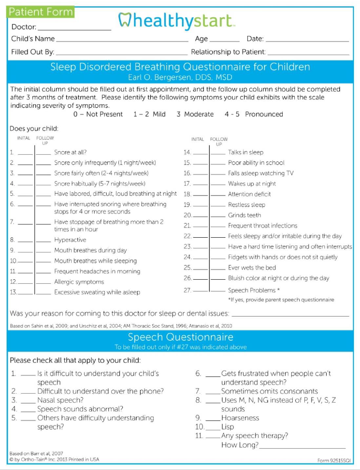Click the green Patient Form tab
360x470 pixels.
pos(41,11)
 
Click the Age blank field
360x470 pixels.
pos(224,40)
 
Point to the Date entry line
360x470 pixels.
pos(307,40)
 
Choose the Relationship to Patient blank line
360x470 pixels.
pos(308,53)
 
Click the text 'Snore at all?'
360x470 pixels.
pos(70,152)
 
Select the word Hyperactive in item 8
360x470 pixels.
pos(70,240)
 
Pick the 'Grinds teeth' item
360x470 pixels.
pos(244,215)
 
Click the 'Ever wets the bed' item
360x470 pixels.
pos(252,268)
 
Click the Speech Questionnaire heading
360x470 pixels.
pos(180,337)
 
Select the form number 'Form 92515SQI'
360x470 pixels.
pos(332,461)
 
